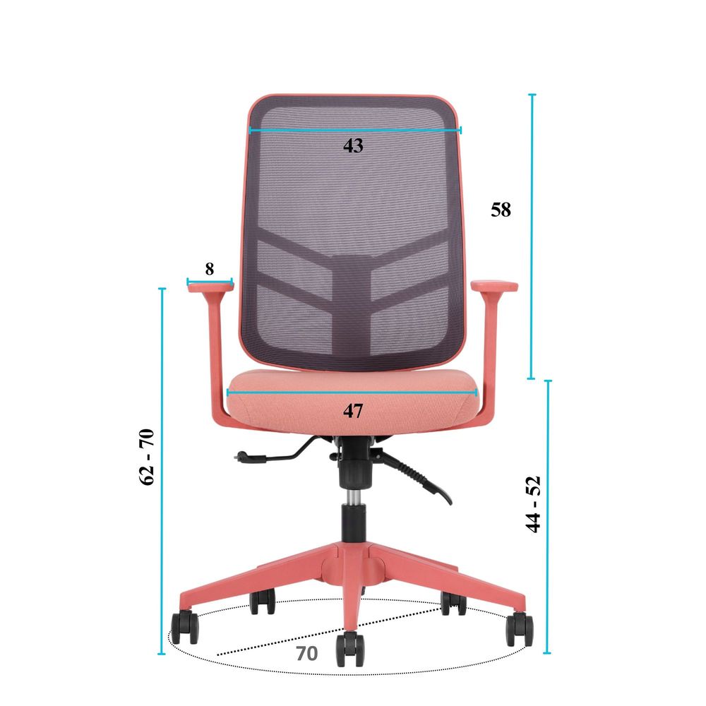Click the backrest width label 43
pyautogui.click(x=353, y=145)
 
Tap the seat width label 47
pyautogui.click(x=353, y=411)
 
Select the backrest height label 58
pyautogui.click(x=501, y=210)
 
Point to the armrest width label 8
pyautogui.click(x=210, y=269)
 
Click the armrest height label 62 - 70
pyautogui.click(x=147, y=457)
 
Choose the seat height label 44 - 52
pyautogui.click(x=533, y=504)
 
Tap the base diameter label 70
pyautogui.click(x=307, y=653)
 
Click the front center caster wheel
pyautogui.click(x=350, y=649)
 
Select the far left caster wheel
pyautogui.click(x=184, y=627)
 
